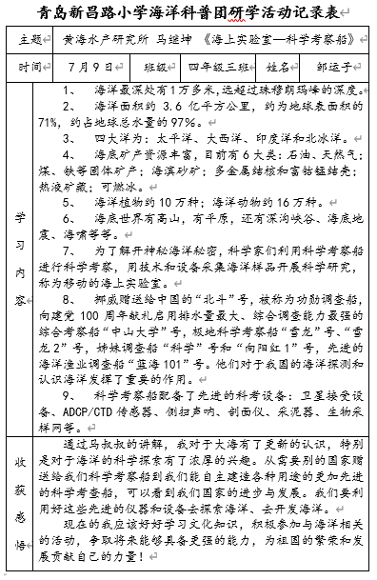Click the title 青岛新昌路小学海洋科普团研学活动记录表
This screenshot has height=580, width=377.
point(188,14)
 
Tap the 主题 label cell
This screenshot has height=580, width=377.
point(30,42)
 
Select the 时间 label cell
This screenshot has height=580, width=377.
point(30,69)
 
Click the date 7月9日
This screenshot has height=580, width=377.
point(91,69)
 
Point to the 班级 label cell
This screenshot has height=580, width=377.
point(154,69)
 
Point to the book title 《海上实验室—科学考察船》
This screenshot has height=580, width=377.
point(281,42)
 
